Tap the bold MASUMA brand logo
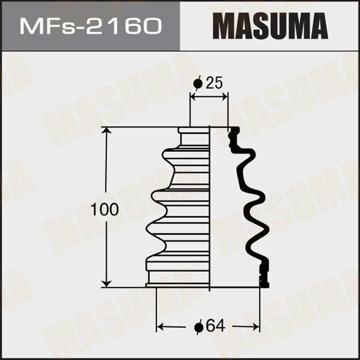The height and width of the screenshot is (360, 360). click(270, 26)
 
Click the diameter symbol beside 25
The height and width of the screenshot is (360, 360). click(198, 84)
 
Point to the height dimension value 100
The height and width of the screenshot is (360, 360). click(105, 210)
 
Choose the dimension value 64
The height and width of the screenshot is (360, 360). click(215, 326)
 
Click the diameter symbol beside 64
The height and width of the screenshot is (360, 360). click(199, 327)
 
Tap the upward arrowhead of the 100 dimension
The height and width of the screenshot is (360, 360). click(106, 130)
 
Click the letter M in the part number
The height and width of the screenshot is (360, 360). click(28, 26)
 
